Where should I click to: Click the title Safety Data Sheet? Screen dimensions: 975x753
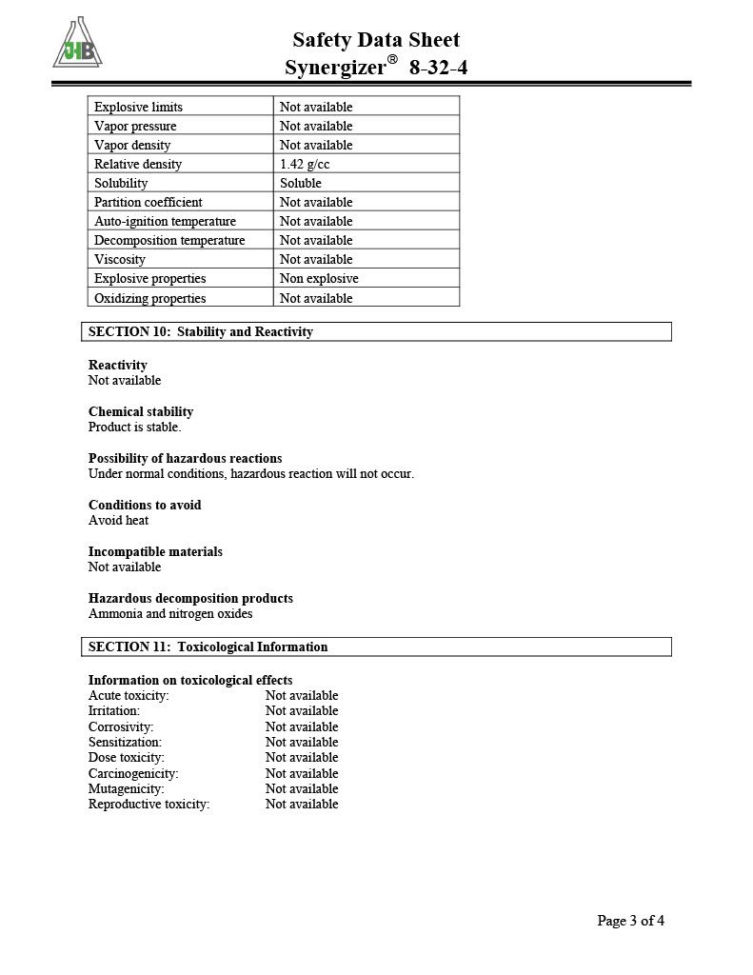coord(376,40)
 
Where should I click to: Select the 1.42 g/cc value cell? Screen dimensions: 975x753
coord(305,164)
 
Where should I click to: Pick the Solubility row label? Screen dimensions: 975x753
coord(121,183)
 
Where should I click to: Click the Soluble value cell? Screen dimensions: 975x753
coord(301,183)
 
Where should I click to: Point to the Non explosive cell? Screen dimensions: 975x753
coord(319,278)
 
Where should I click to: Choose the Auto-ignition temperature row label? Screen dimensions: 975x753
coord(165,221)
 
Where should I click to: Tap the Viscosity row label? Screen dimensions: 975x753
coord(120,259)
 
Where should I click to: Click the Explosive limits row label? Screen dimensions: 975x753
coord(138,107)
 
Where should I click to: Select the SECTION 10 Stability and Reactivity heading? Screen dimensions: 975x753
coord(201,331)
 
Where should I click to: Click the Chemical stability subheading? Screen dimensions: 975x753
coord(141,411)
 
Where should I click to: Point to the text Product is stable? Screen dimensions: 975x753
coord(134,427)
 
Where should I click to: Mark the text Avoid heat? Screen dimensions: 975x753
coord(118,520)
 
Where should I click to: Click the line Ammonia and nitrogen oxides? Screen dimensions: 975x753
coord(170,614)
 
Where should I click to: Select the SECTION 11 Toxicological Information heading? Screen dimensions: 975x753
coord(208,647)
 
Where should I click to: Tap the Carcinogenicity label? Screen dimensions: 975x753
coord(133,773)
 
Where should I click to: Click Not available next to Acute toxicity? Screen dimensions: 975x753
coord(302,695)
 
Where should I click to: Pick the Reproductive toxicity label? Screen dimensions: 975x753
coord(149,804)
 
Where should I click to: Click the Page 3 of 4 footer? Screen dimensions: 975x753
coord(630,920)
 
